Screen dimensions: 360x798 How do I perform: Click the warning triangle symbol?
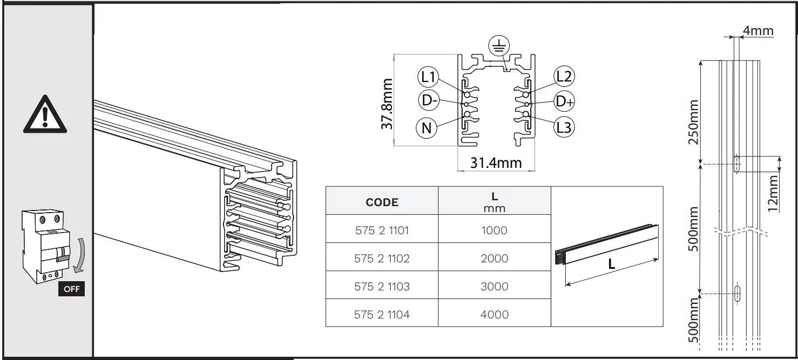click(x=45, y=114)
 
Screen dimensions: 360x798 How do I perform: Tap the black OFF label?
click(x=71, y=289)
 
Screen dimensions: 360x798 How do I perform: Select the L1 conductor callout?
click(x=429, y=78)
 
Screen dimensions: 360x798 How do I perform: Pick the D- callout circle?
click(x=429, y=100)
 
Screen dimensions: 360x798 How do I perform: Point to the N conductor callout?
click(x=427, y=128)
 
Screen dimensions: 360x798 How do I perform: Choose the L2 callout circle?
click(x=564, y=77)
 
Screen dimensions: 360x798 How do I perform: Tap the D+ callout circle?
click(x=565, y=101)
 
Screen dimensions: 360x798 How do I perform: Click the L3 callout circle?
click(x=564, y=127)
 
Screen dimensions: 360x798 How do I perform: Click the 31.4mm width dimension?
click(x=496, y=162)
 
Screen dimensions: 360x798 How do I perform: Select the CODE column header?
click(x=382, y=202)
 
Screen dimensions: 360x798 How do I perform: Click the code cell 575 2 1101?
click(x=382, y=230)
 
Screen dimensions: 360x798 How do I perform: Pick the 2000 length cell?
click(x=494, y=259)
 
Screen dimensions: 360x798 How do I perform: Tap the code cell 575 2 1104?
click(x=382, y=315)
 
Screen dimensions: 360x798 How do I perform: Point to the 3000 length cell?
click(x=494, y=287)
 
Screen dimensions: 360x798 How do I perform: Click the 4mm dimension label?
click(x=758, y=31)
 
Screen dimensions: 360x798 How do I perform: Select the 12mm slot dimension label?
click(x=773, y=193)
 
